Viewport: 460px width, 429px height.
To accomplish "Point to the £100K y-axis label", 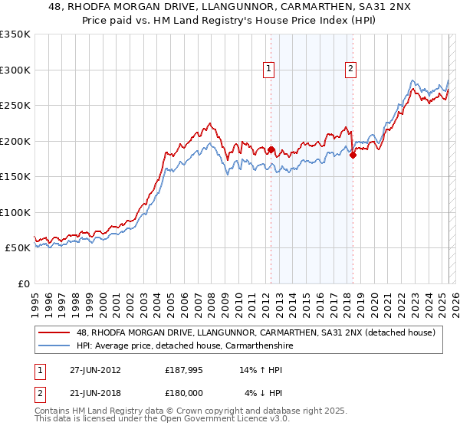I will point(15,212).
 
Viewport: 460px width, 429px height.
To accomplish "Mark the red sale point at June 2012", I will point(271,149).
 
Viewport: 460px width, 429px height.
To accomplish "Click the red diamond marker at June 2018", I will point(353,156).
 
